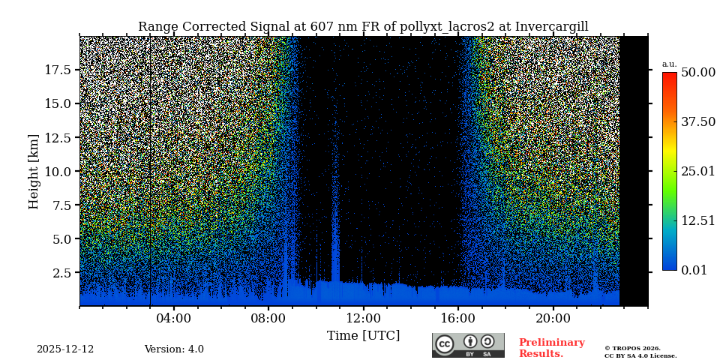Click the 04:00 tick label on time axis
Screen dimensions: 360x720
pos(173,319)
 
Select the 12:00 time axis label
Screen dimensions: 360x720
pos(364,319)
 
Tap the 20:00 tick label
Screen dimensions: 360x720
pos(553,319)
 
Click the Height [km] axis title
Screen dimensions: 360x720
pos(34,171)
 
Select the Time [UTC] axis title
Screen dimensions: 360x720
pos(363,336)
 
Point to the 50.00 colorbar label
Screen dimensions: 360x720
pos(697,73)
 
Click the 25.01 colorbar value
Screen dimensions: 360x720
pos(697,172)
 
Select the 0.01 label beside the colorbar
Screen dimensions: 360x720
pos(694,270)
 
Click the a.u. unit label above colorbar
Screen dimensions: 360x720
pos(669,64)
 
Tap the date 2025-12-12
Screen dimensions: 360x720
pos(65,349)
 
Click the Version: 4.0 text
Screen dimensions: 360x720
pos(174,349)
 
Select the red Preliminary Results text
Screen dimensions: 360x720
pos(551,348)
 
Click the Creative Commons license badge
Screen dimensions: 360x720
pos(468,345)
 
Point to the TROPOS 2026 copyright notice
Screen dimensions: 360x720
pos(632,348)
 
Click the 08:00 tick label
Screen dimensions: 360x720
pos(268,319)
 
